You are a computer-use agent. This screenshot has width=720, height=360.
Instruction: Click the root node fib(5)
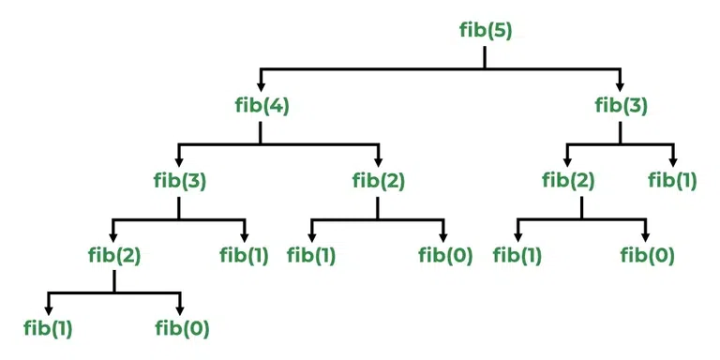[485, 31]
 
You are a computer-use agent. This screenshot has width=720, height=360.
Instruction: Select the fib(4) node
[262, 105]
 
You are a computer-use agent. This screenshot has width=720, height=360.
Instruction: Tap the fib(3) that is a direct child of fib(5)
[621, 105]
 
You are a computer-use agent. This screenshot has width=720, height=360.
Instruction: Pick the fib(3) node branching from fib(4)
[180, 179]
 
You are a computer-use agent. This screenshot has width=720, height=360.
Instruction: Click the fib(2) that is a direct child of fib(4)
[378, 179]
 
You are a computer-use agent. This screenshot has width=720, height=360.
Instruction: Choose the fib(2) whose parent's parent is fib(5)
[568, 179]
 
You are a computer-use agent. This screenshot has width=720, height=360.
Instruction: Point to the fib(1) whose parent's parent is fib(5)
[672, 179]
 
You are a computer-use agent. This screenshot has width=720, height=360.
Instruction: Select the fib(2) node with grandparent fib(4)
[113, 253]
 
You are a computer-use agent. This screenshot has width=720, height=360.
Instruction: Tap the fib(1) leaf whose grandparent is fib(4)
[312, 253]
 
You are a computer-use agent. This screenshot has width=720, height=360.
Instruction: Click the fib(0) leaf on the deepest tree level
[181, 328]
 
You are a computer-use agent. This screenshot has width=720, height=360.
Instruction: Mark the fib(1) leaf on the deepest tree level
[49, 328]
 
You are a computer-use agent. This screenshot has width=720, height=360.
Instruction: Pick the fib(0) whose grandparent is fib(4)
[444, 253]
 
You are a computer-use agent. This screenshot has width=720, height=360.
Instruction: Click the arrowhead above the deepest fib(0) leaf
[181, 309]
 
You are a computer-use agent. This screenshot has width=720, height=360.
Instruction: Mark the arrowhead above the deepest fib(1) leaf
[49, 309]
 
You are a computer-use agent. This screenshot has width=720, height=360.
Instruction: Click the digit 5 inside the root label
[502, 31]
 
